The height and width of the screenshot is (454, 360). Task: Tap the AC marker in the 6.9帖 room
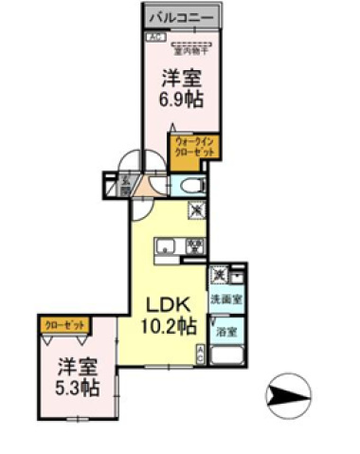click(153, 37)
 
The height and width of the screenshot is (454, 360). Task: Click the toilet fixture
click(192, 185)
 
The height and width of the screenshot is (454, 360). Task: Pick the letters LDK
click(168, 305)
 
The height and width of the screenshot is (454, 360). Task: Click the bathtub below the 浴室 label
click(227, 359)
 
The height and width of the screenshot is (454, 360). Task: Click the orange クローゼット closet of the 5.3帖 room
click(65, 324)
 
